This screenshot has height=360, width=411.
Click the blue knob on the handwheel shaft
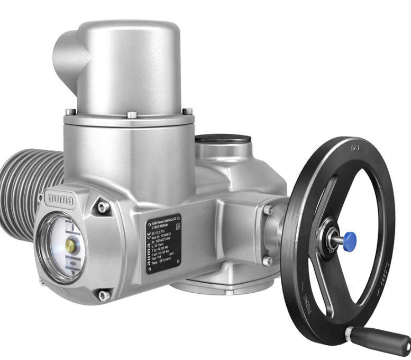coord(349,241)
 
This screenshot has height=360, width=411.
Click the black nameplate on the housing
coord(163,243)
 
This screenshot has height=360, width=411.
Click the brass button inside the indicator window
coord(70,245)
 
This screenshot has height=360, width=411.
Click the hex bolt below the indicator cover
coord(104,295)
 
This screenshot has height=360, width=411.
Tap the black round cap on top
coord(223,140)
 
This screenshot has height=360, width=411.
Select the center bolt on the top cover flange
coord(132,114)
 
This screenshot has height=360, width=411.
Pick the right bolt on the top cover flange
coord(187,112)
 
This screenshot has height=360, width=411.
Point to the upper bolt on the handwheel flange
coord(268,210)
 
